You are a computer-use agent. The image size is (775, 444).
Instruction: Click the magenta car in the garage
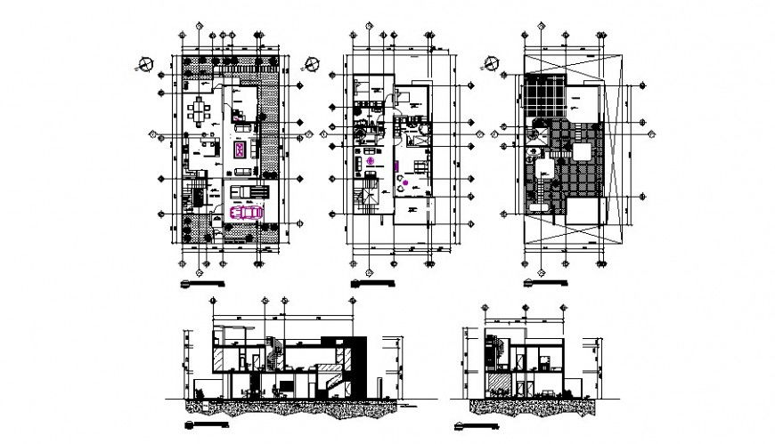point(246,212)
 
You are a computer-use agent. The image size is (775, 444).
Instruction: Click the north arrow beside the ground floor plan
point(143,64)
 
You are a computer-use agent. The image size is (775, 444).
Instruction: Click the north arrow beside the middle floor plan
point(311,64)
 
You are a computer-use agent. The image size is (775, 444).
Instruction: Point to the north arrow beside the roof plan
point(488,64)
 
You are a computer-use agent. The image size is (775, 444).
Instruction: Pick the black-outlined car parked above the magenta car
point(247,191)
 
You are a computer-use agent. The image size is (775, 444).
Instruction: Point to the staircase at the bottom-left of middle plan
point(365,200)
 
